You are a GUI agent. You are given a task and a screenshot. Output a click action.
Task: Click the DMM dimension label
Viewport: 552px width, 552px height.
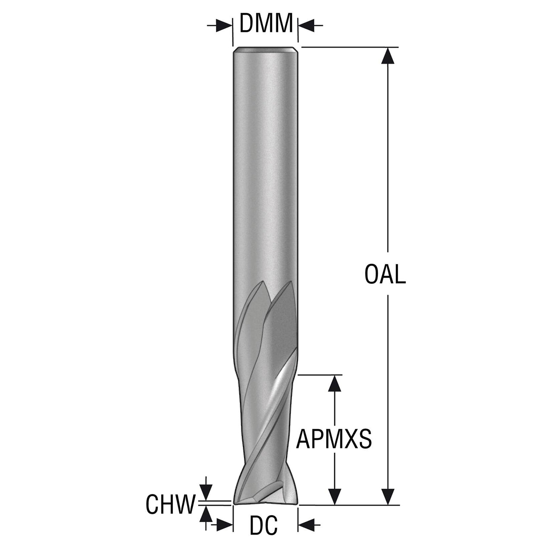266,23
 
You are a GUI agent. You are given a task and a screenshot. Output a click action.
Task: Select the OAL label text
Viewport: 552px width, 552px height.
385,274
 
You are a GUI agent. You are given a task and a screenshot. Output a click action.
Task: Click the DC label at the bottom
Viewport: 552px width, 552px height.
263,533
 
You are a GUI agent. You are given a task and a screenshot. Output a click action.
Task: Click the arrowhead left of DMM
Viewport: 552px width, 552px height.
224,25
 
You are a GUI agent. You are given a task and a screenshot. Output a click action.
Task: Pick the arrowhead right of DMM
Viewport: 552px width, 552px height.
307,25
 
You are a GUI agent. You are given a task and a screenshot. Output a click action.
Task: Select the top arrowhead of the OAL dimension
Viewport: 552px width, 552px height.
388,56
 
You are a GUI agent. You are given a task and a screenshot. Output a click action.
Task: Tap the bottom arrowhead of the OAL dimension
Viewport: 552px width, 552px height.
388,496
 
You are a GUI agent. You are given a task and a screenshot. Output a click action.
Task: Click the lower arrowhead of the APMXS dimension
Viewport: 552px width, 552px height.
335,496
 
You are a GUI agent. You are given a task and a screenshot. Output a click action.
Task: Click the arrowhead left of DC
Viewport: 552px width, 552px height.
224,533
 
